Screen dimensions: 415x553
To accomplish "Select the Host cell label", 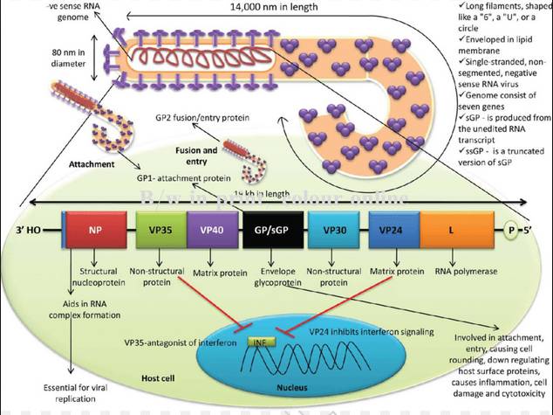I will click(x=160, y=377).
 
